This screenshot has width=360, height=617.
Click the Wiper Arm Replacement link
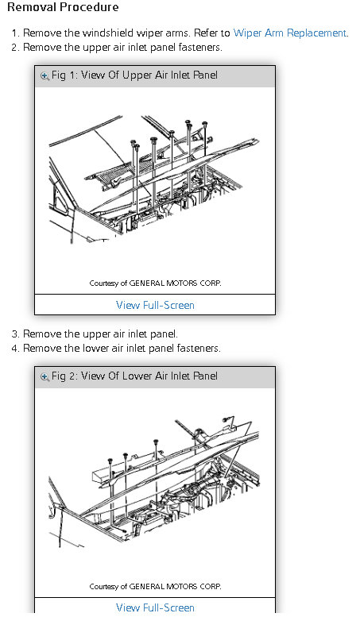[x=290, y=33]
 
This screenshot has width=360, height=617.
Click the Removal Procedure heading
[x=63, y=7]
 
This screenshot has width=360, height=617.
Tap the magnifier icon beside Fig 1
[x=45, y=75]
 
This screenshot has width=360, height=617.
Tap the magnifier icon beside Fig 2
[x=45, y=376]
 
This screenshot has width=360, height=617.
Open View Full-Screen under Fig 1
[x=155, y=305]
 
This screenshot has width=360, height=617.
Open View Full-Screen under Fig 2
[x=155, y=607]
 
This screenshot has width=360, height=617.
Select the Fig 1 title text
[x=135, y=75]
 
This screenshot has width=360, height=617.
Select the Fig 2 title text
[x=135, y=376]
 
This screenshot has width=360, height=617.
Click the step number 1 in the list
[x=14, y=33]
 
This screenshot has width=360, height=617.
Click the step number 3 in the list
[x=14, y=334]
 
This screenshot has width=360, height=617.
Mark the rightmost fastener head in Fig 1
[x=205, y=125]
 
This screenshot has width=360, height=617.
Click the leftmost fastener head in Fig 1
[x=134, y=142]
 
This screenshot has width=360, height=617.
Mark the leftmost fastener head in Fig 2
[x=110, y=460]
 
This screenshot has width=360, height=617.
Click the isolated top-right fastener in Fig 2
[x=225, y=419]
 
